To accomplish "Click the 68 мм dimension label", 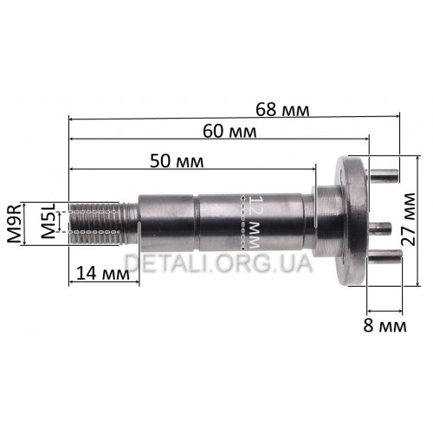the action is click(282, 110).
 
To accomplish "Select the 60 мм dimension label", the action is click(229, 132).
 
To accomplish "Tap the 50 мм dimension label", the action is click(177, 161).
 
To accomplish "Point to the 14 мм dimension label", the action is click(103, 274).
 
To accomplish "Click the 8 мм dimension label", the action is click(385, 326).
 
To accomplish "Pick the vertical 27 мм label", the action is click(410, 219).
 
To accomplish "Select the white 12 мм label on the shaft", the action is click(254, 222).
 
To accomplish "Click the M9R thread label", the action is click(14, 223).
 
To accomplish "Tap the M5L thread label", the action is click(48, 221).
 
